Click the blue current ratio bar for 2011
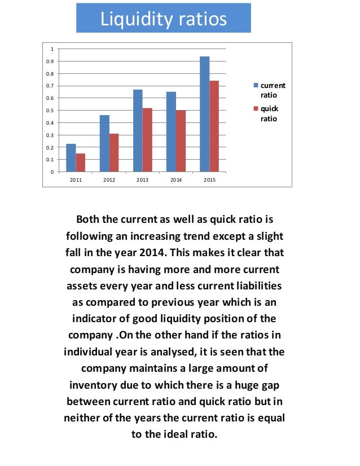click(71, 158)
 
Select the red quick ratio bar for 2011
click(80, 162)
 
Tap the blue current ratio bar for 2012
click(104, 144)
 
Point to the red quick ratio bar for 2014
click(181, 141)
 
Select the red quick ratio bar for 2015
click(214, 126)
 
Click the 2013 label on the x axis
click(142, 180)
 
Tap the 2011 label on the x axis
click(75, 180)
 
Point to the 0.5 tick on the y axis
click(51, 111)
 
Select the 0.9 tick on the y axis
click(51, 61)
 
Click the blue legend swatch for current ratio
click(256, 86)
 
